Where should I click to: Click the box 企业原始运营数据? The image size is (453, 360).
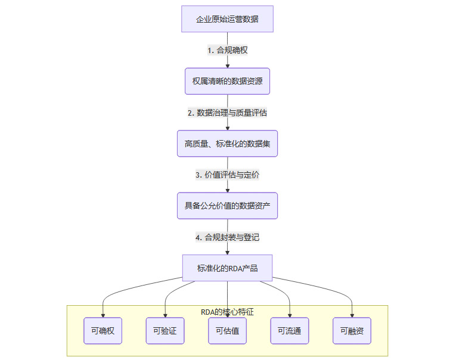(x=227, y=19)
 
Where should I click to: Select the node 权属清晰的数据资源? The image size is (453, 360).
(x=227, y=81)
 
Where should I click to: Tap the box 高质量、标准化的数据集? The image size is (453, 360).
(x=227, y=143)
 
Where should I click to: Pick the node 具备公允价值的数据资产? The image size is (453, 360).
(x=227, y=206)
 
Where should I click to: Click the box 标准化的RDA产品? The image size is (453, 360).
(x=227, y=268)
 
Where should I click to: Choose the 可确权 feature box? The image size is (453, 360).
(x=103, y=331)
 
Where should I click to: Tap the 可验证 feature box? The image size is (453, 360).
(x=165, y=331)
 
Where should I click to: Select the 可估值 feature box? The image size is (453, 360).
(x=227, y=331)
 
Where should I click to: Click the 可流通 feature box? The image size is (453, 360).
(x=290, y=331)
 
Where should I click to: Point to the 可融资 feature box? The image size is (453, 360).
(x=352, y=331)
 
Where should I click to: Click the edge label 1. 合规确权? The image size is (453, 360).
(x=227, y=50)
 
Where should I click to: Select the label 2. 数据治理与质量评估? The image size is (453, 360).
(x=227, y=112)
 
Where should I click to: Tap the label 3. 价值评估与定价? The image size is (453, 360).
(x=227, y=175)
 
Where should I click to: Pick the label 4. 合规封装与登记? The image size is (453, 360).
(x=227, y=237)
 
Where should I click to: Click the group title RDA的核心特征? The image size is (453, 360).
(x=227, y=311)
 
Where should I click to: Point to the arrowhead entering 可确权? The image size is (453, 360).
(x=103, y=315)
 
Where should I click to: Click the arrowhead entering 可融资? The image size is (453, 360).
(x=352, y=315)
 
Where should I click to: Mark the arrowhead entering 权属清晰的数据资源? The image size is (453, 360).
(x=227, y=66)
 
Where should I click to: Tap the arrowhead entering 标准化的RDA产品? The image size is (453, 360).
(x=227, y=252)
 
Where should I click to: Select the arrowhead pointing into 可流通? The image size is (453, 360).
(x=290, y=315)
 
